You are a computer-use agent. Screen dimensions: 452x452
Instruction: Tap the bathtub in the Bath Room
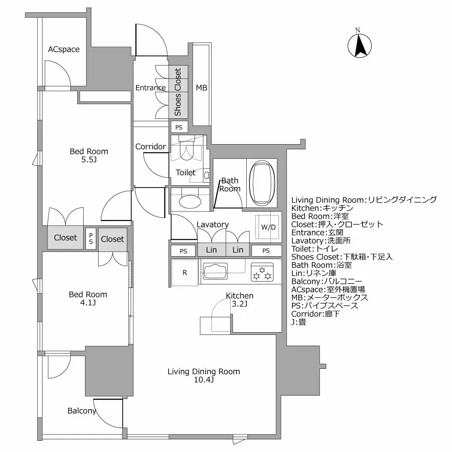pos(262,183)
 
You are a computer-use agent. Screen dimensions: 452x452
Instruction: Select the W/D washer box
pos(268,227)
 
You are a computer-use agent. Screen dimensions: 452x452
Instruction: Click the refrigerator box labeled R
pos(184,273)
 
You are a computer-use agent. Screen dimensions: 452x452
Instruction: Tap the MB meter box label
pos(202,88)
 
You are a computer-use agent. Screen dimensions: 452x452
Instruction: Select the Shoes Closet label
pos(178,92)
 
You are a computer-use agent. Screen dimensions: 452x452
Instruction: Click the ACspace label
pos(64,49)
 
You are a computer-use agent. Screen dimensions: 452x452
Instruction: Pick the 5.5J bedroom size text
pos(89,160)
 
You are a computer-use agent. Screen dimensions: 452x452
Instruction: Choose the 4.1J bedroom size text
pos(88,303)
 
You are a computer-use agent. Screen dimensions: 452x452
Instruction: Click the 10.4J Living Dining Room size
pos(204,380)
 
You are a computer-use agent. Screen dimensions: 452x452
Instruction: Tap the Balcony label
pos(82,411)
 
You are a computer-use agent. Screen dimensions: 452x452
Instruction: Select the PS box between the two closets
pos(91,238)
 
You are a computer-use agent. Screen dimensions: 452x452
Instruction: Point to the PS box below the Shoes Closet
pos(179,127)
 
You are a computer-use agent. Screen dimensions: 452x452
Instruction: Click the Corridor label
pos(151,146)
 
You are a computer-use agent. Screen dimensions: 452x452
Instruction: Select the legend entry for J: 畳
pos(299,322)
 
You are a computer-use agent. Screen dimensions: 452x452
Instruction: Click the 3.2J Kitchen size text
pos(240,304)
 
